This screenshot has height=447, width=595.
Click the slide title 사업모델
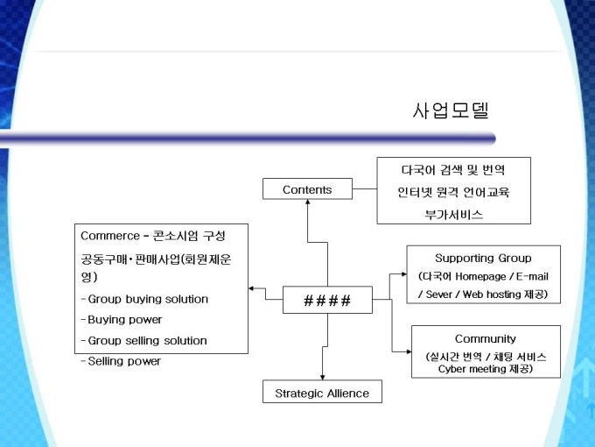coord(450,110)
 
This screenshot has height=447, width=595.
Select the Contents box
coord(307,189)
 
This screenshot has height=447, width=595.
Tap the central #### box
coord(327,301)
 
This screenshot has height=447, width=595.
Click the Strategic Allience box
coord(322,393)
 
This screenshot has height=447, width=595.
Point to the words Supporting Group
coord(483,258)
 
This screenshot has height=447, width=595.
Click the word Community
coord(485,338)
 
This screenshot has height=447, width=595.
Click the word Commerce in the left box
coord(109,236)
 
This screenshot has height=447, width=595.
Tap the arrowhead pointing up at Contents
coord(307,203)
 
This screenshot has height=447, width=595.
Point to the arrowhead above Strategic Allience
coord(322,377)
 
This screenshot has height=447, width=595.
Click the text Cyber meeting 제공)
coord(485,369)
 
